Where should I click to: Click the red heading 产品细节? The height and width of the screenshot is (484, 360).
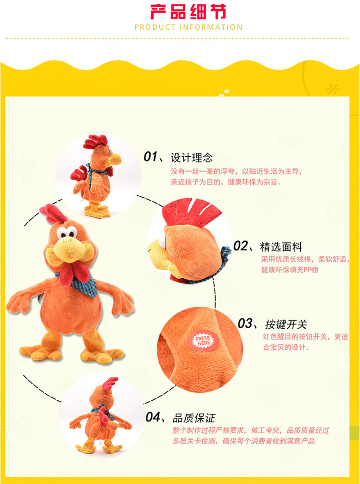pos(188,11)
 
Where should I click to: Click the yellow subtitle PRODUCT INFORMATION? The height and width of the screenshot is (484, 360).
pos(189,27)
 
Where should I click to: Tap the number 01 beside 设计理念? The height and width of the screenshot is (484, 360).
pos(151,157)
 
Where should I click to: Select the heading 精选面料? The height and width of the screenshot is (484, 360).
pos(281,247)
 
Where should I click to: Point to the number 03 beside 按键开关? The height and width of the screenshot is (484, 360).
pos(245,323)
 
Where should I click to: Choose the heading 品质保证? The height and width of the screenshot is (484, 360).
pos(194,418)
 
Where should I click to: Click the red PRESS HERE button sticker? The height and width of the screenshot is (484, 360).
pos(202,341)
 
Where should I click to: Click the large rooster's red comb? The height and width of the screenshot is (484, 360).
pos(53,213)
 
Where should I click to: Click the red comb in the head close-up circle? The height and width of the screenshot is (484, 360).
pos(191,212)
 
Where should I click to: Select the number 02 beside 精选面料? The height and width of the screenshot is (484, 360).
pos(241,246)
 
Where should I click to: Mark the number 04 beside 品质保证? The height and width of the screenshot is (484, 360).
pos(153,417)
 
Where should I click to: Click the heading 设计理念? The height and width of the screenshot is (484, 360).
pos(192,158)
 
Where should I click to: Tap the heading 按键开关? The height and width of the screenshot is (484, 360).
pos(286,325)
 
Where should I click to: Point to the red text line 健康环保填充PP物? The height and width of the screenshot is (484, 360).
pos(289,270)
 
